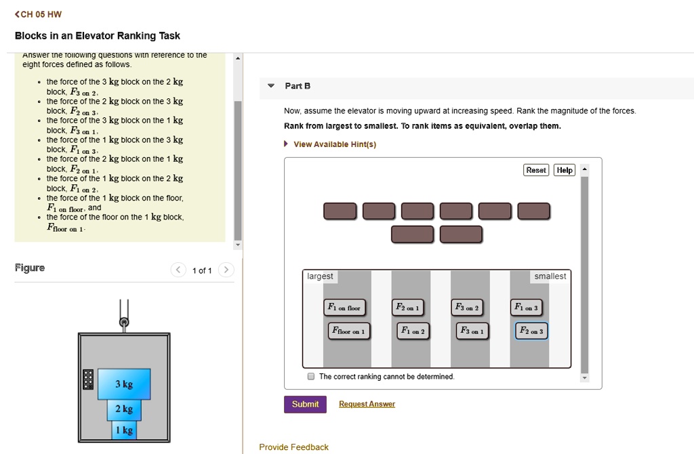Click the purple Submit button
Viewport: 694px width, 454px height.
305,405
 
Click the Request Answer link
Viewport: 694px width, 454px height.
367,405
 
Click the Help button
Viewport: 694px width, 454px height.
564,170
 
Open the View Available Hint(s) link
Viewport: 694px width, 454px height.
334,144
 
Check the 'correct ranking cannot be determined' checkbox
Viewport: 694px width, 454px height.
310,377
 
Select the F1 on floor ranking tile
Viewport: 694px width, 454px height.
345,308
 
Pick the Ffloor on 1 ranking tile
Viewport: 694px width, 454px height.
348,331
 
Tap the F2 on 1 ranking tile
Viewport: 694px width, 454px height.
407,308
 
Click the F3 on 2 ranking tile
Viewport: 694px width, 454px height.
468,308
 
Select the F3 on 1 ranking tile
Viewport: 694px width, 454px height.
472,331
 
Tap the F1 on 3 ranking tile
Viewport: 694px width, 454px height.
526,308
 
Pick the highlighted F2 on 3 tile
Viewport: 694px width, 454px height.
531,331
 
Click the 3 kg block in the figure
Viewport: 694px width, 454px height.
124,384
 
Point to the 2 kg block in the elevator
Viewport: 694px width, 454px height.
124,409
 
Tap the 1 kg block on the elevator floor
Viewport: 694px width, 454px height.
124,430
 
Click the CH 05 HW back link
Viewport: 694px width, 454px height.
42,14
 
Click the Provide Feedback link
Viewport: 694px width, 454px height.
293,447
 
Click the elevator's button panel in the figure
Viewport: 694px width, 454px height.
87,379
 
